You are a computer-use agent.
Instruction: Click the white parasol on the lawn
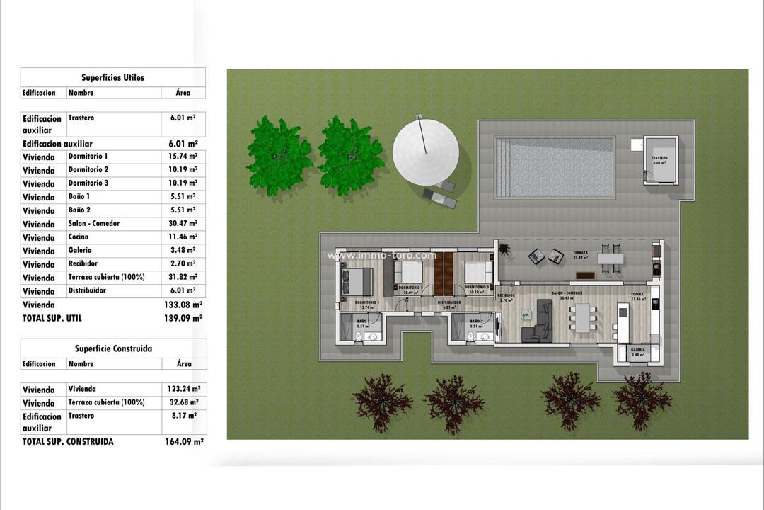coord(425,153)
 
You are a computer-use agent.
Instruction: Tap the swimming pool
coord(555,167)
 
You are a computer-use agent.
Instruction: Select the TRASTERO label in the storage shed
coord(659,158)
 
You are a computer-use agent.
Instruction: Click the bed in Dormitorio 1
coord(357,282)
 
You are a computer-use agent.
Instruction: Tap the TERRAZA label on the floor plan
coord(581,252)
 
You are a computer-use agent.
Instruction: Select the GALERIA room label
coord(637,349)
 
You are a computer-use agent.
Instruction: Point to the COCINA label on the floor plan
coord(637,294)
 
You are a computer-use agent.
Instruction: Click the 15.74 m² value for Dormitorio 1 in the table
coord(183,157)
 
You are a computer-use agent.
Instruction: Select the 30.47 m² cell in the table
coord(183,224)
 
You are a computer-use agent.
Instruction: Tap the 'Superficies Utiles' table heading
coord(112,77)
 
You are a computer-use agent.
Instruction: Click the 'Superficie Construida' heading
coord(113,348)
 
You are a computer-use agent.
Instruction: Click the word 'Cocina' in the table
coord(79,237)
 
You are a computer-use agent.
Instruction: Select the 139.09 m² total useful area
coord(183,319)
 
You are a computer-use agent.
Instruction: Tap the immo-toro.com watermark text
coord(381,255)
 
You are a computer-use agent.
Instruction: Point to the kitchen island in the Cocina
coord(623,322)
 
